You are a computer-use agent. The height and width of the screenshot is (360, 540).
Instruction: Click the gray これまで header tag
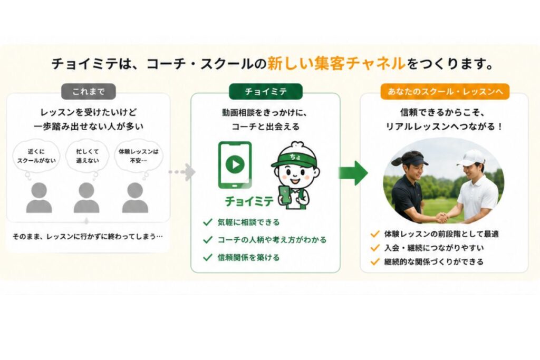pos(89,92)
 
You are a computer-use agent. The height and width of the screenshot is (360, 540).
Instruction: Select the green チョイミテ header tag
pos(266,92)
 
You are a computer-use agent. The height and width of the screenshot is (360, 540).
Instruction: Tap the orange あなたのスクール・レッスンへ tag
pos(445,92)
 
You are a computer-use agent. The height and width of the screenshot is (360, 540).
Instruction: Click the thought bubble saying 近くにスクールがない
pos(36,156)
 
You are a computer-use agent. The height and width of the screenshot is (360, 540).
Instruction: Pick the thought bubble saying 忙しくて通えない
pos(87,156)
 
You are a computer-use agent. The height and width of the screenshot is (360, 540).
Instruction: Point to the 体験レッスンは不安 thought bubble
pos(139,156)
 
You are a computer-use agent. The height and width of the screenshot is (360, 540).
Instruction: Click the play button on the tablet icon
pos(235,164)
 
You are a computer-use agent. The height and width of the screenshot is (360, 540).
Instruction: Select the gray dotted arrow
pos(182,172)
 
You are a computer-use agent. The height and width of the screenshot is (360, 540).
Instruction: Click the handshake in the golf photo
pos(442,218)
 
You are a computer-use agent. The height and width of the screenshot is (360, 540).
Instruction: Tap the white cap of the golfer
pos(471,158)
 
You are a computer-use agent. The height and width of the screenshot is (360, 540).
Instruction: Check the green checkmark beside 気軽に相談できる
pos(208,222)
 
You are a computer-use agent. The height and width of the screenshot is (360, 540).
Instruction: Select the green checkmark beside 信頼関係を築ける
pos(208,257)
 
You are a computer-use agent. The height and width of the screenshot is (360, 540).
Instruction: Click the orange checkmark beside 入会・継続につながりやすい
pos(375,248)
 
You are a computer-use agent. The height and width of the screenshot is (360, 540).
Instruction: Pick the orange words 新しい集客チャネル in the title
pos(336,64)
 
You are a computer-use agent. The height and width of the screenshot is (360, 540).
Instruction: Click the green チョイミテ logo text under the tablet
pos(249,201)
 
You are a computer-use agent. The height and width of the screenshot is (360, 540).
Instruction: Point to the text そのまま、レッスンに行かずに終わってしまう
pos(88,237)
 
